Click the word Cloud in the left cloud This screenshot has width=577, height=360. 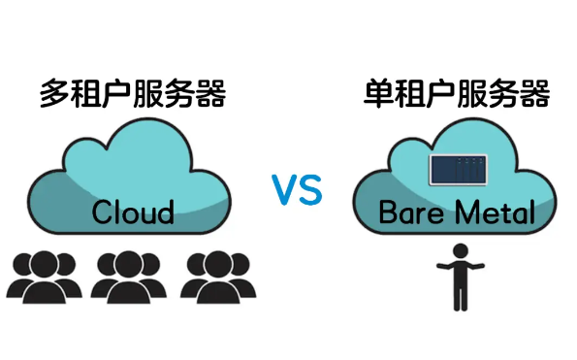[133, 213]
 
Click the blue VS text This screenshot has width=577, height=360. [296, 191]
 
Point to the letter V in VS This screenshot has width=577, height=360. [283, 191]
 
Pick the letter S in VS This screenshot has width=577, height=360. [309, 191]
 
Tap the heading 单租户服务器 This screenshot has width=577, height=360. [457, 95]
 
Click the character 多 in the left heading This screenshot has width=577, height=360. [54, 95]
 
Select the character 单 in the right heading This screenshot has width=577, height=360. [379, 95]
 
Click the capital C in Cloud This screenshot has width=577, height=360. [103, 213]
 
